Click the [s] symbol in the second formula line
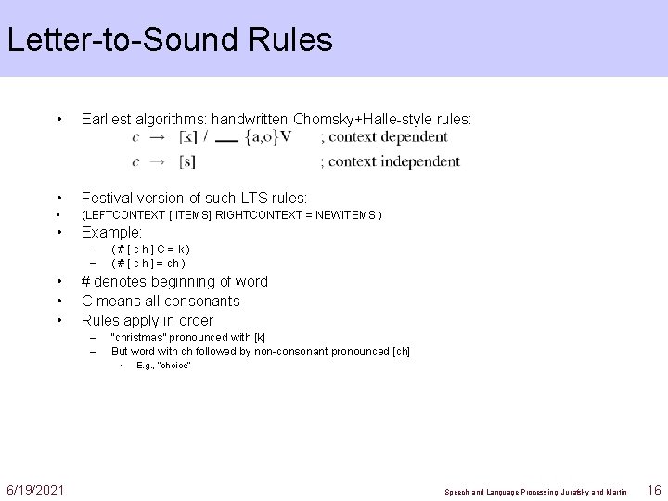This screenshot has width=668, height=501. (186, 161)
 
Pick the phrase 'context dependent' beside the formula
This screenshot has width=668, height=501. (390, 137)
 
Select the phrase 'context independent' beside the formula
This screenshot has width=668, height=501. (396, 161)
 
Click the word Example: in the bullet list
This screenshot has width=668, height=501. (111, 232)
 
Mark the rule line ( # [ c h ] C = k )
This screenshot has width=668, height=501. (149, 249)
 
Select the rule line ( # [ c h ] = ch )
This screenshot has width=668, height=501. (148, 263)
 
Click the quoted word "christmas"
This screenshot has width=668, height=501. (140, 338)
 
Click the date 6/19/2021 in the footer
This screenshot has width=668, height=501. (35, 489)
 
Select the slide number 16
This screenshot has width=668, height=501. (653, 489)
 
